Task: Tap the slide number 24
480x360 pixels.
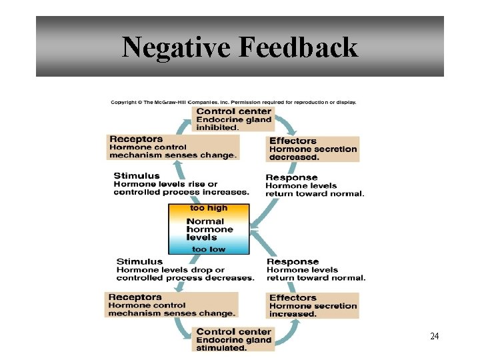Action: point(434,337)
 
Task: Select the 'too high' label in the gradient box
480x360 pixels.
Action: point(209,208)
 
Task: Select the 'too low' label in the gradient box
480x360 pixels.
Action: point(209,249)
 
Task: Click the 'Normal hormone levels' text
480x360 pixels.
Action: point(209,229)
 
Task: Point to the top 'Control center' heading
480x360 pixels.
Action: point(234,111)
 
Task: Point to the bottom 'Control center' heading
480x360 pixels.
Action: point(234,331)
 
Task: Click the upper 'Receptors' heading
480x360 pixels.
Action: point(136,139)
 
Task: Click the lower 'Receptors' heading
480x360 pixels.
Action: point(135,297)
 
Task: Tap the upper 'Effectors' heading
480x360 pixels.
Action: point(293,141)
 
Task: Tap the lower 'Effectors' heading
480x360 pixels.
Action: point(293,297)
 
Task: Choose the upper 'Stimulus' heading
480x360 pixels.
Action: point(137,176)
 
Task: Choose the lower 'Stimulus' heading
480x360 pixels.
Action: point(139,261)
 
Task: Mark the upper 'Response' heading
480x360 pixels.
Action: point(291,177)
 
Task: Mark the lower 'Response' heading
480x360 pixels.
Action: point(293,261)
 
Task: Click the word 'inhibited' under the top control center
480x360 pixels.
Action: point(217,127)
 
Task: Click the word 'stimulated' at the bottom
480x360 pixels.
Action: point(222,347)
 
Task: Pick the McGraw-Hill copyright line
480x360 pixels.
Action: point(233,102)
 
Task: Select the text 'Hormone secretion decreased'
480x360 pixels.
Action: point(313,153)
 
